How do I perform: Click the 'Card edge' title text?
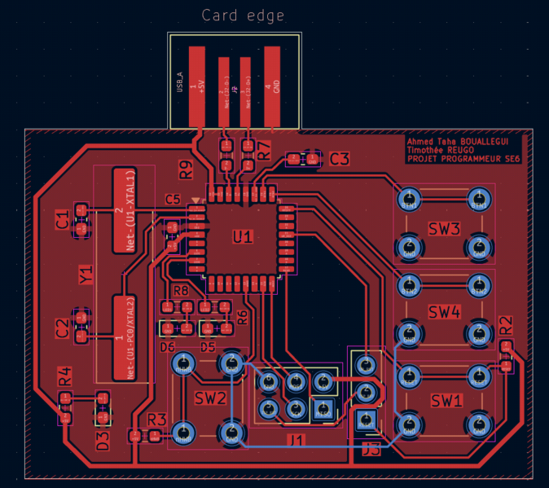pyautogui.click(x=243, y=15)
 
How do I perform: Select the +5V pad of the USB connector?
pyautogui.click(x=196, y=86)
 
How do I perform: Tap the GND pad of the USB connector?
pyautogui.click(x=272, y=86)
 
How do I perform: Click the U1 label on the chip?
pyautogui.click(x=243, y=237)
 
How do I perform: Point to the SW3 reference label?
pyautogui.click(x=445, y=228)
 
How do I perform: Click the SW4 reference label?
pyautogui.click(x=445, y=312)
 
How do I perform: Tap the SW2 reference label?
pyautogui.click(x=209, y=398)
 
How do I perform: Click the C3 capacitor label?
pyautogui.click(x=339, y=159)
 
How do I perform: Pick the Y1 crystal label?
pyautogui.click(x=86, y=275)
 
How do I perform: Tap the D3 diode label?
pyautogui.click(x=103, y=441)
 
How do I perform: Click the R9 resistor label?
pyautogui.click(x=187, y=169)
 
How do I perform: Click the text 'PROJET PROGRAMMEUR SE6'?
pyautogui.click(x=463, y=159)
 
